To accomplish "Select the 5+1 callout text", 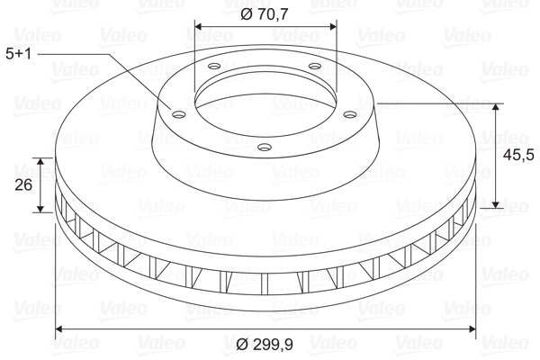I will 19,54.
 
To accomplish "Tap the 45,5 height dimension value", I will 516,155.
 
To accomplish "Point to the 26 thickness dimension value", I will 24,185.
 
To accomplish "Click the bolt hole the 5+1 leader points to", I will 177,113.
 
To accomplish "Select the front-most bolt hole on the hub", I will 264,146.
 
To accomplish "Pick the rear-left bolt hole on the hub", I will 213,66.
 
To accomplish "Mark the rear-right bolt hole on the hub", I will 314,66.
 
